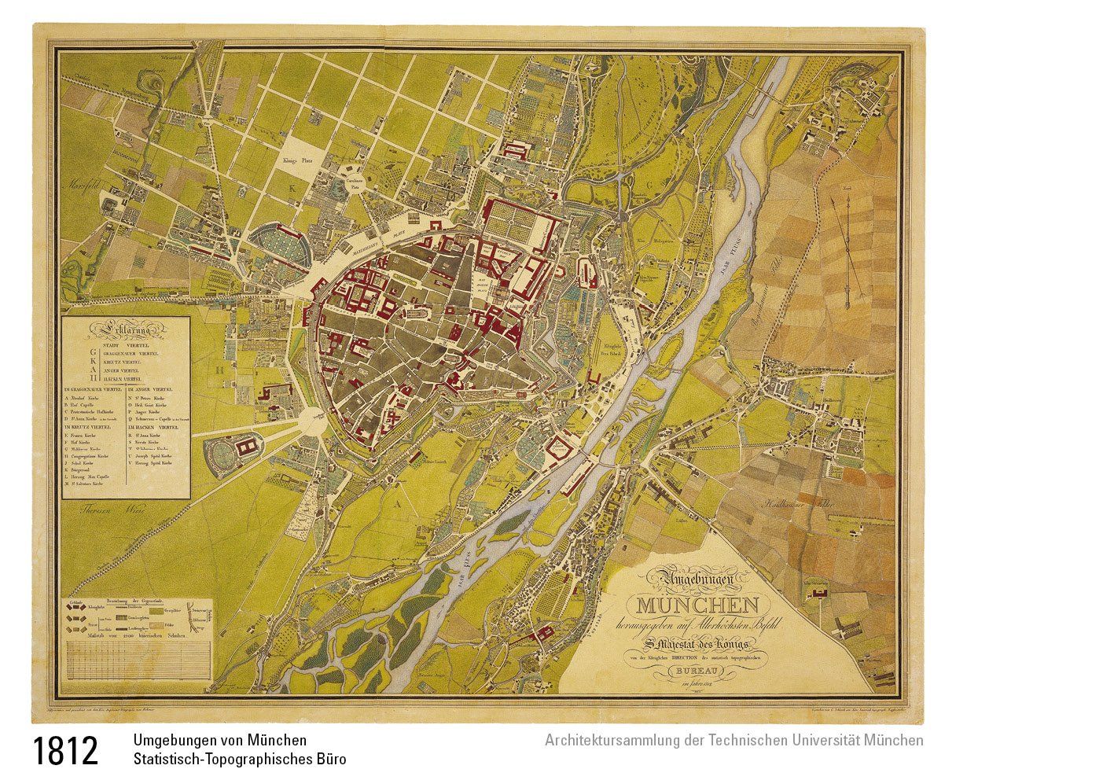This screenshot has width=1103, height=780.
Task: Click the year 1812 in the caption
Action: point(66,750)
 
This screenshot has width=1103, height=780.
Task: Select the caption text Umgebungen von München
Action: point(220,741)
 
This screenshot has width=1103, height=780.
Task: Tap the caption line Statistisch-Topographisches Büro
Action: point(239,760)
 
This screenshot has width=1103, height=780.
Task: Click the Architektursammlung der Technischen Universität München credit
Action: point(733,741)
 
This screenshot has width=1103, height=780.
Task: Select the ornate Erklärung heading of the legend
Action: point(126,329)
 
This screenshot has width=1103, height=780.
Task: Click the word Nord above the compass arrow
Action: point(847,189)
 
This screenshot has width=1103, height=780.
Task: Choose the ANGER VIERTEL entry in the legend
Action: point(130,370)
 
